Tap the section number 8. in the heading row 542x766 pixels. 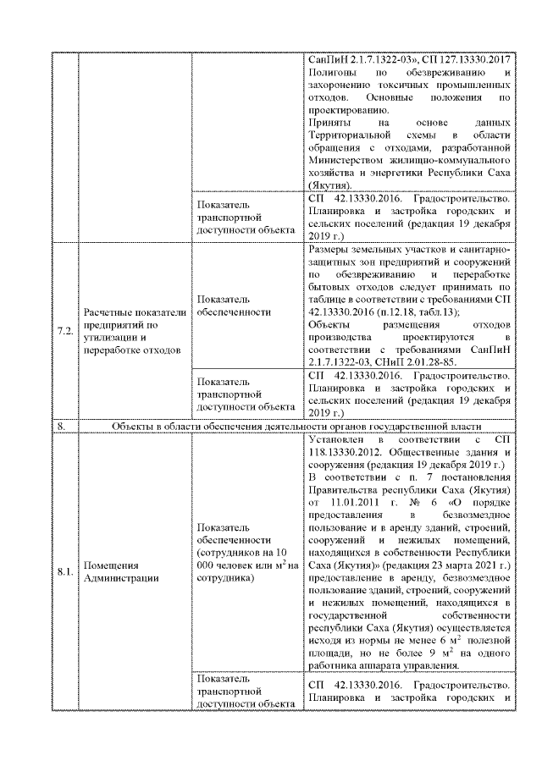(x=61, y=427)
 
